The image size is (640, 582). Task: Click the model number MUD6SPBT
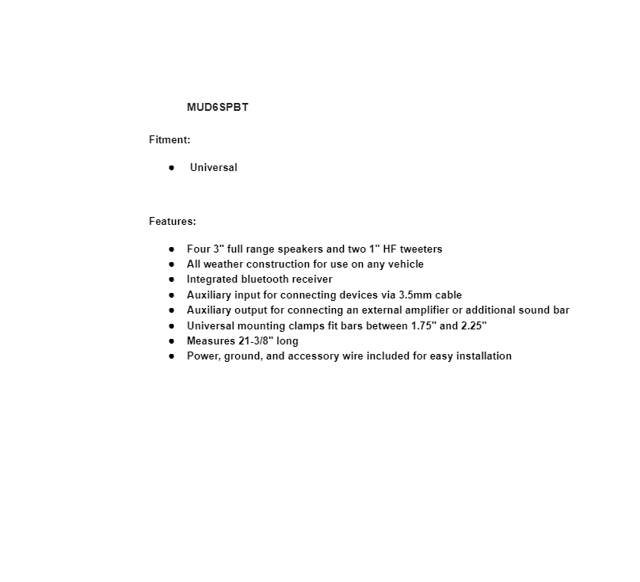click(x=217, y=107)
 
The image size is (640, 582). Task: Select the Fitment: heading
click(x=170, y=139)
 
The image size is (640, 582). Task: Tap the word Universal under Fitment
click(x=213, y=167)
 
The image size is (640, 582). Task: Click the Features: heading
click(x=172, y=221)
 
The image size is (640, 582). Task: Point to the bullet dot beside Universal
click(x=171, y=167)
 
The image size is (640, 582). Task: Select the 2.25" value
click(x=474, y=325)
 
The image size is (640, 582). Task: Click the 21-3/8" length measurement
click(x=253, y=340)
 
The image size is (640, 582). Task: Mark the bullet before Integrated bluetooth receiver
click(x=171, y=279)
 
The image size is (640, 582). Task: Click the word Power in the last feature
click(x=202, y=356)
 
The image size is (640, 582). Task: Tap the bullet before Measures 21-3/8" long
click(x=171, y=340)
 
